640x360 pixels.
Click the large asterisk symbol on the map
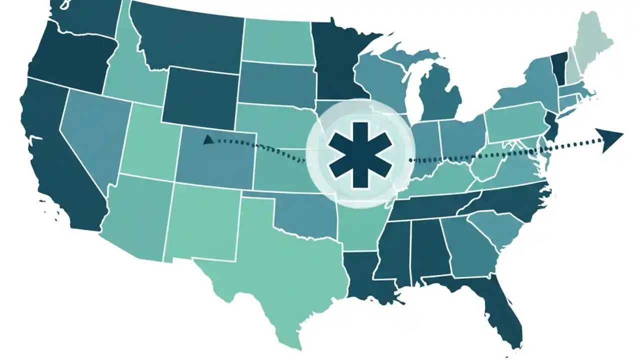pos(360,154)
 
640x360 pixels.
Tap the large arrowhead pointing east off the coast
pos(610,138)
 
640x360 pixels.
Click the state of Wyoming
pos(200,95)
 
